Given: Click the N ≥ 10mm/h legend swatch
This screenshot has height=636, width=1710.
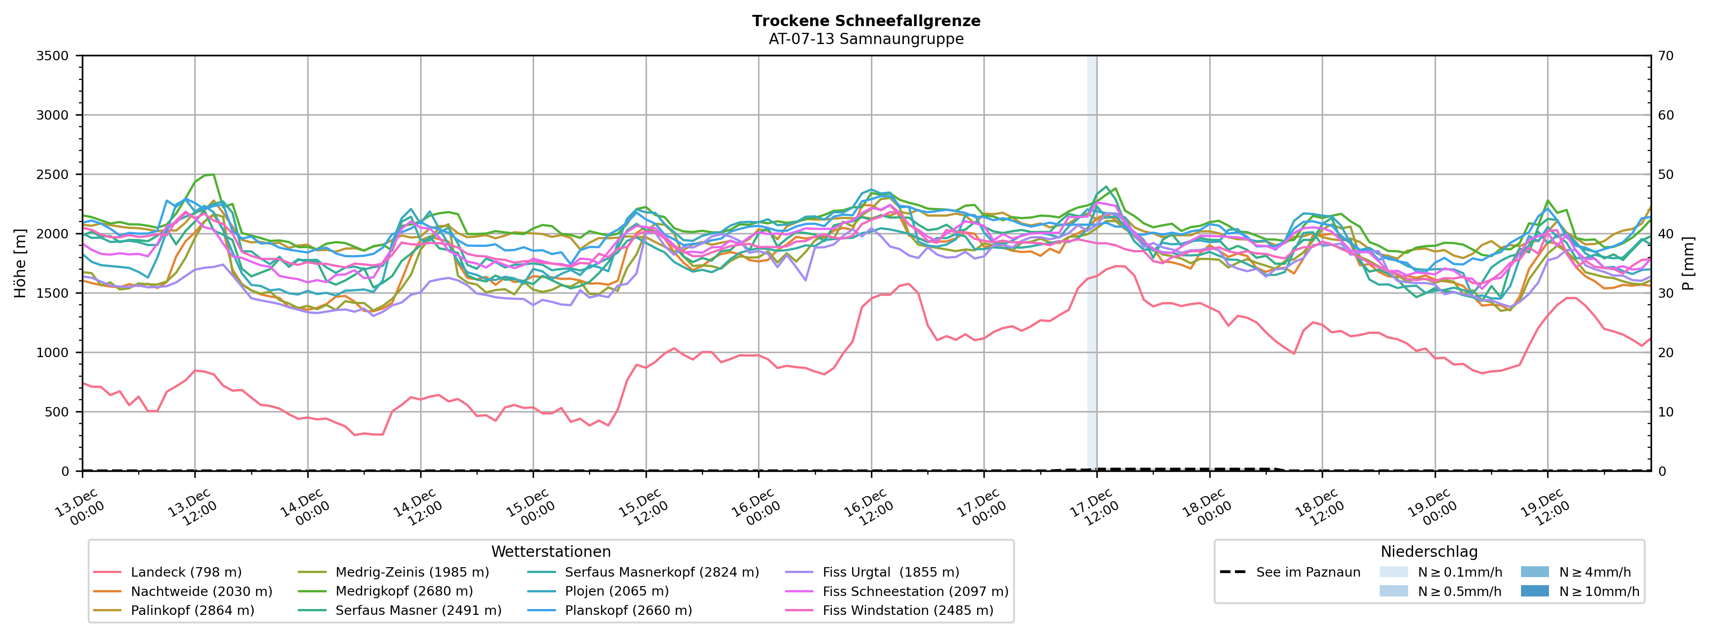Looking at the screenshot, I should pyautogui.click(x=1535, y=591).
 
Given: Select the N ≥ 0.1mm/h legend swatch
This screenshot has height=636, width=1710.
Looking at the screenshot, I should pyautogui.click(x=1393, y=572).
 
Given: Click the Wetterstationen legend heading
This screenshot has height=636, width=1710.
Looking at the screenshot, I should pyautogui.click(x=551, y=552).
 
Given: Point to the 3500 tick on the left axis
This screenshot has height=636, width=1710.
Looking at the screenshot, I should pyautogui.click(x=53, y=56).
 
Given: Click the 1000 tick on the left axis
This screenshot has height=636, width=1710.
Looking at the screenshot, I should pyautogui.click(x=53, y=353).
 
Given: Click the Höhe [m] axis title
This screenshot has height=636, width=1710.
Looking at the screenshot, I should pyautogui.click(x=20, y=263).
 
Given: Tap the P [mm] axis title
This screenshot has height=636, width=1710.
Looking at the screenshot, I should pyautogui.click(x=1688, y=263).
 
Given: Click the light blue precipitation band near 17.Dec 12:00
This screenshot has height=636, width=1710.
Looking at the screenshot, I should pyautogui.click(x=1092, y=265).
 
